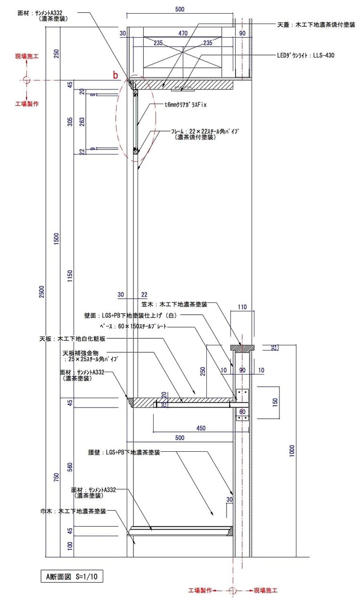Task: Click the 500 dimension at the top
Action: pyautogui.click(x=180, y=9)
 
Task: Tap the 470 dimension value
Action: pyautogui.click(x=183, y=33)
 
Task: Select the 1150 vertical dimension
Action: pyautogui.click(x=70, y=277)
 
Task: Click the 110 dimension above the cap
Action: pyautogui.click(x=242, y=307)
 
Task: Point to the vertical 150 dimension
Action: pyautogui.click(x=276, y=402)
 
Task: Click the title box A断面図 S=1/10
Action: pyautogui.click(x=72, y=576)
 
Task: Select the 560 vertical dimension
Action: pyautogui.click(x=70, y=467)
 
